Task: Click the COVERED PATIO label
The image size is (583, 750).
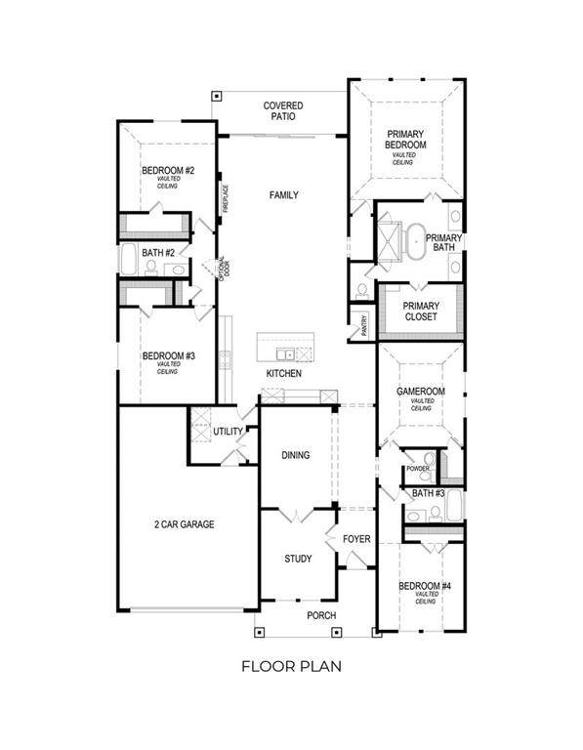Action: (283, 110)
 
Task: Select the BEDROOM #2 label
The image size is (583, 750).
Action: (168, 171)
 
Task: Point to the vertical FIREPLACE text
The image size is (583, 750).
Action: (225, 199)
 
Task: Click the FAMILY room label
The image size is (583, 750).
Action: (284, 195)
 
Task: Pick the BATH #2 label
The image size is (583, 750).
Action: (156, 253)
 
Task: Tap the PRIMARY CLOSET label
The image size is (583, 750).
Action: (421, 312)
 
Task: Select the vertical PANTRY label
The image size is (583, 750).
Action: (362, 323)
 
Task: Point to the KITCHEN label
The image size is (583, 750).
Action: (284, 374)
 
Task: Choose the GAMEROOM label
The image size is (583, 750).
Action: (421, 391)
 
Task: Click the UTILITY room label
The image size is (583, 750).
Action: (228, 431)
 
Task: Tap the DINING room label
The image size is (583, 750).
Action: (296, 454)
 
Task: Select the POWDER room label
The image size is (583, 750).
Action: (418, 469)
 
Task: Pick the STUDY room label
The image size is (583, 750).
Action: (298, 559)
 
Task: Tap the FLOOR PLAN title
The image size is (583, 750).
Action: (291, 667)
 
